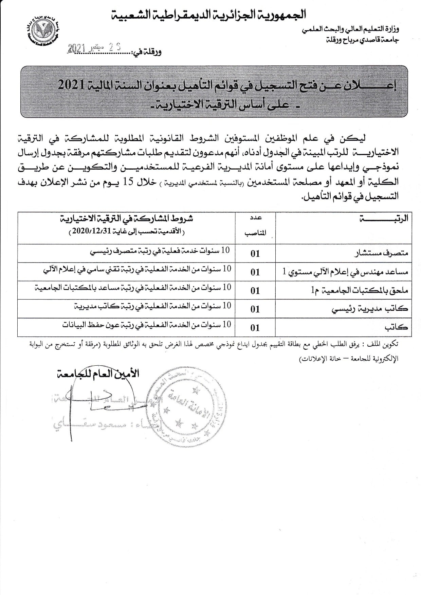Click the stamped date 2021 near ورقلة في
coord(77,48)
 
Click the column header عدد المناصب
coord(255,226)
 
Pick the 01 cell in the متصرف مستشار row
coord(255,253)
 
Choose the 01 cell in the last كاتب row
coord(255,327)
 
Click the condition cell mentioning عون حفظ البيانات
coord(146,325)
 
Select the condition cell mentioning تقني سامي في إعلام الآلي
coord(137,269)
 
